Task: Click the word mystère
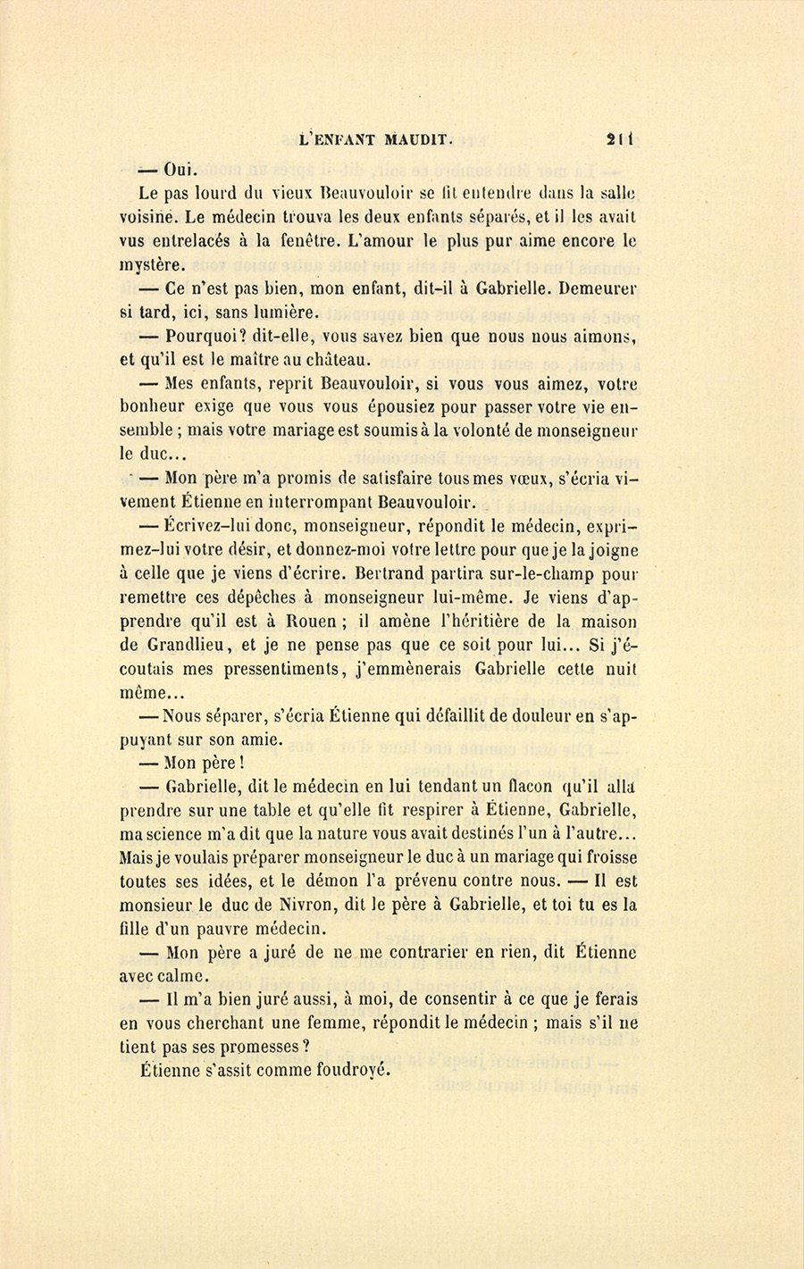tap(153, 265)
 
